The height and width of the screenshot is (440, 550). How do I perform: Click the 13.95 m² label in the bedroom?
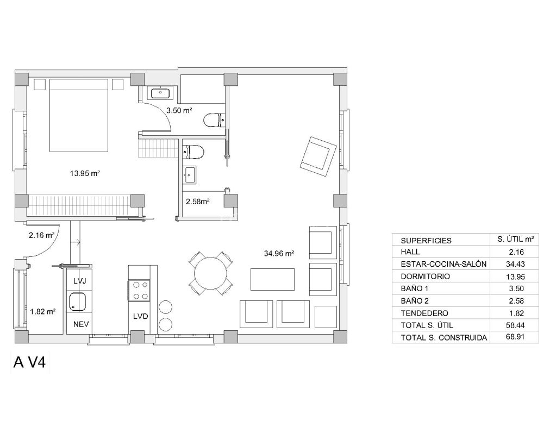pos(84,174)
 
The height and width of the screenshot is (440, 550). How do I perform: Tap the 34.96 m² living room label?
pos(278,253)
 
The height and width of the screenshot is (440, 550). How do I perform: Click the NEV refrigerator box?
pos(79,325)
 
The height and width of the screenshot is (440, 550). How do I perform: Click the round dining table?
pos(212,273)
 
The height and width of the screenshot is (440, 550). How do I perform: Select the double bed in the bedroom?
pos(79,115)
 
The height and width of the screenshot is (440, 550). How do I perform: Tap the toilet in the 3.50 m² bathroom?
pos(214,120)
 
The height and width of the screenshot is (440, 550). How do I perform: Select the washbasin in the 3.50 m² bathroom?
pos(161,93)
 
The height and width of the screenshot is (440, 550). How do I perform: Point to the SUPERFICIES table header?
pos(426,241)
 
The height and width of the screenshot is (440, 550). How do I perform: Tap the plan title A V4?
pos(31,363)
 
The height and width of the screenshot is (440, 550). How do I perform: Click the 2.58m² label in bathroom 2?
pos(198,202)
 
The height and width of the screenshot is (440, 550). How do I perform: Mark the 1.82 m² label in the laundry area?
pos(43,312)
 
